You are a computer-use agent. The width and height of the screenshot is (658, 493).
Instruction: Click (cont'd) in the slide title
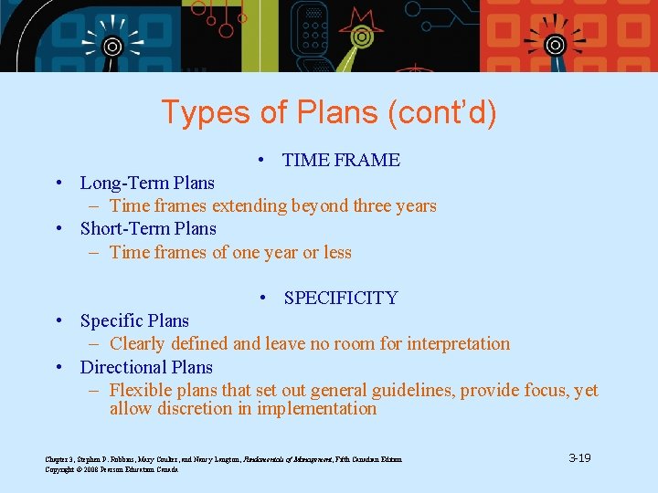pyautogui.click(x=442, y=112)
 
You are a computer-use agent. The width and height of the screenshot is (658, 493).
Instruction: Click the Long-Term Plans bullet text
pyautogui.click(x=147, y=183)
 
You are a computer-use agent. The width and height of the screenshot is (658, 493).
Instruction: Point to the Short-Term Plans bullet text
pyautogui.click(x=148, y=228)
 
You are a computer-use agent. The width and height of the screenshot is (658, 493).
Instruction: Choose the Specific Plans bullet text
pyautogui.click(x=134, y=320)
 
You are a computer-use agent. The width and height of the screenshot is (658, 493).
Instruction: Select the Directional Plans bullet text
pyautogui.click(x=146, y=367)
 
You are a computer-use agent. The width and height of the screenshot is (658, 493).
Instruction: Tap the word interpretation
pyautogui.click(x=457, y=343)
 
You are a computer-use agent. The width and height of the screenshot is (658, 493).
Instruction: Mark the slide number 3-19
pyautogui.click(x=579, y=457)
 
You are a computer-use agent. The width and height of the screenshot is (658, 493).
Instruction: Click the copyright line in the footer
pyautogui.click(x=111, y=468)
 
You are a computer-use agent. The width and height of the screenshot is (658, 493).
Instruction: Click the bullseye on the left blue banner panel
pyautogui.click(x=111, y=46)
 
